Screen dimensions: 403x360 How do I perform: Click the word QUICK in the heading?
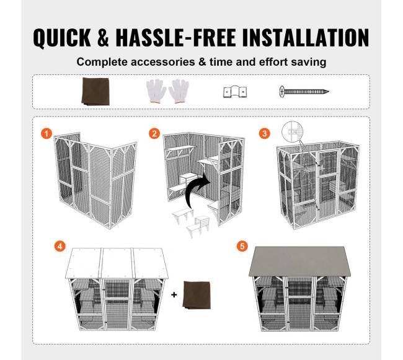[62, 38]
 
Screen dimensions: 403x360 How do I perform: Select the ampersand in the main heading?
[104, 38]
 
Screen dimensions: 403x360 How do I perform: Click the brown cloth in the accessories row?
[95, 92]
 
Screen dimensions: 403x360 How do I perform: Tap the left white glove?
[156, 91]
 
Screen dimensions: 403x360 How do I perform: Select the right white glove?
[179, 91]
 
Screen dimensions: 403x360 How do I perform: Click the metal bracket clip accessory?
[235, 92]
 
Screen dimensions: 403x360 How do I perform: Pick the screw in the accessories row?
[304, 92]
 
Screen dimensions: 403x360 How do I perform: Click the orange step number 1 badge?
[46, 133]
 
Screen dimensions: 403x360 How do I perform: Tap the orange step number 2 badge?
[154, 133]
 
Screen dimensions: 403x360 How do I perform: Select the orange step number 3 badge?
[265, 133]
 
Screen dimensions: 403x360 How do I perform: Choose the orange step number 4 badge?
[60, 247]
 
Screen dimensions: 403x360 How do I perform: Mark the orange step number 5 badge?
[242, 247]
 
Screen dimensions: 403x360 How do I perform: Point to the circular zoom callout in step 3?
[292, 131]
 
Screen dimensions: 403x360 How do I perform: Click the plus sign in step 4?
[174, 294]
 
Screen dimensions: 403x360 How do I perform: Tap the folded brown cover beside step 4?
[197, 295]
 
